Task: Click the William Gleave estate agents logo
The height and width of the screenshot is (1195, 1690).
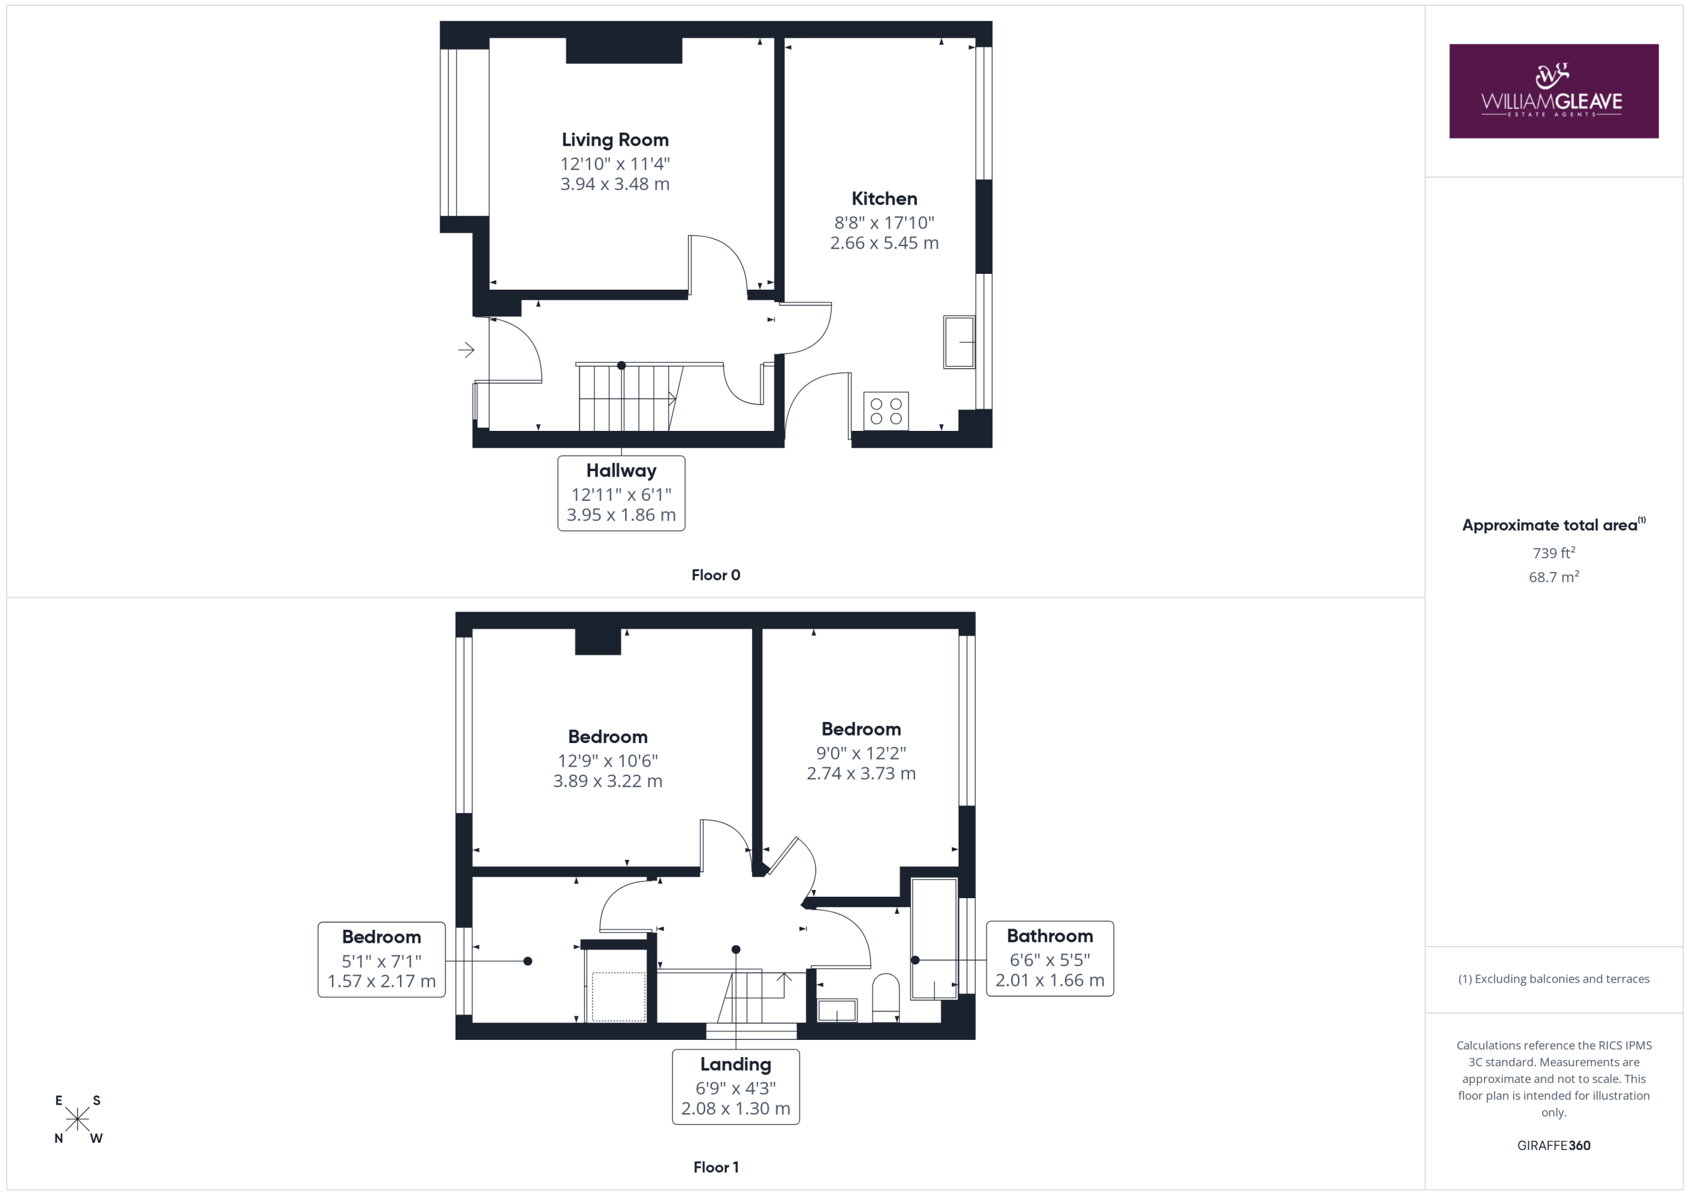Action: [1553, 90]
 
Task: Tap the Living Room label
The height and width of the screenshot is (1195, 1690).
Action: [615, 140]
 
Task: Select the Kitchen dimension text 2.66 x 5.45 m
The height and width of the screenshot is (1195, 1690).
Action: [884, 243]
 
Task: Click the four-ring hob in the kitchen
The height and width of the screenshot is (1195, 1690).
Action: [885, 410]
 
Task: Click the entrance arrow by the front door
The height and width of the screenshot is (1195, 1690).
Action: [466, 350]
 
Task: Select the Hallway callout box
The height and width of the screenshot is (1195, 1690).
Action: [621, 493]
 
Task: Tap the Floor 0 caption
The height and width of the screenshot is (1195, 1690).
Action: [716, 575]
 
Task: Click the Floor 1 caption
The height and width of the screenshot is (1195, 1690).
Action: [716, 1167]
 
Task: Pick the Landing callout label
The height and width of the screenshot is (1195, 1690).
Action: [735, 1087]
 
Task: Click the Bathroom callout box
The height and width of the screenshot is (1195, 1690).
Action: [1050, 959]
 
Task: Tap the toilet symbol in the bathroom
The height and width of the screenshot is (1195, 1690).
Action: [885, 998]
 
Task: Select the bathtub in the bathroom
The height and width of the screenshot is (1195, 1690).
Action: [934, 939]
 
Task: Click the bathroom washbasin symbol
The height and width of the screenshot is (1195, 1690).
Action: [838, 1010]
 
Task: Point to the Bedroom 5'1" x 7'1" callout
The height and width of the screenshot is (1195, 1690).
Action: [382, 959]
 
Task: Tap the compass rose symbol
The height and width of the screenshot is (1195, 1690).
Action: [77, 1119]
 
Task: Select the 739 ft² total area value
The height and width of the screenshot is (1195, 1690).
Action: [1554, 552]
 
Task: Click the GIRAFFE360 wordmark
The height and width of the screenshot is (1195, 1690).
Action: [1554, 1146]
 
